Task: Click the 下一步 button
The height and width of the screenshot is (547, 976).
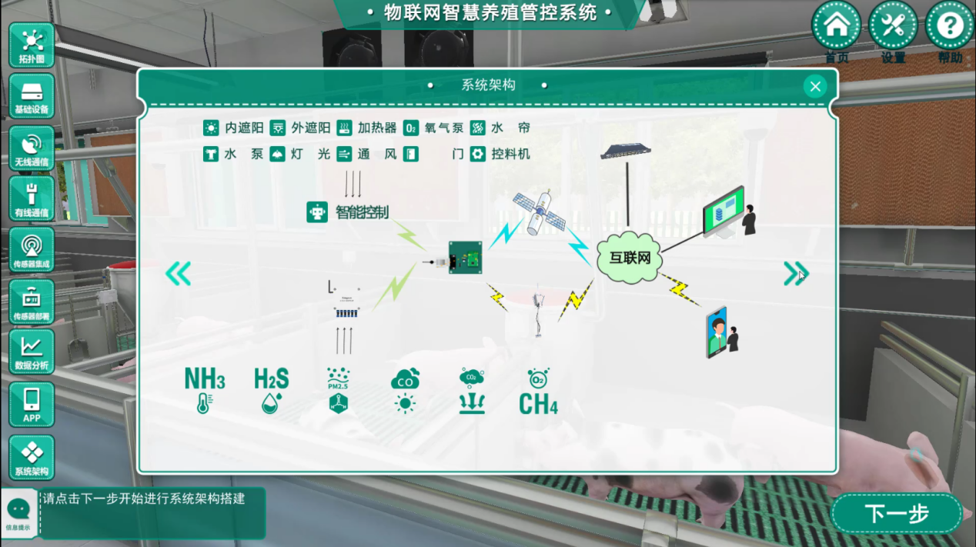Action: (897, 513)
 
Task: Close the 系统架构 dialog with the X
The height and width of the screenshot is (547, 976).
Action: (815, 86)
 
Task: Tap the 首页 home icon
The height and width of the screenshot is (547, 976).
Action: (837, 26)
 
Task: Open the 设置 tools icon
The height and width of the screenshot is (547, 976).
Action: (893, 26)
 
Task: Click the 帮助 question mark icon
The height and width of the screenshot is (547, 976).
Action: (949, 26)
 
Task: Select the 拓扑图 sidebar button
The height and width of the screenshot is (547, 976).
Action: (32, 45)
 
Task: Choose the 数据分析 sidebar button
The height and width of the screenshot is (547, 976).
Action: (32, 352)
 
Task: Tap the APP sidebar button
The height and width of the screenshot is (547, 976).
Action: (32, 404)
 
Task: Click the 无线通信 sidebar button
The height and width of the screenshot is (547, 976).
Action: (32, 148)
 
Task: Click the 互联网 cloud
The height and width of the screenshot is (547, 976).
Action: (630, 258)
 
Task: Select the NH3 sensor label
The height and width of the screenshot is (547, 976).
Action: (205, 379)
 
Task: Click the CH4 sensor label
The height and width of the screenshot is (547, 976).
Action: (538, 404)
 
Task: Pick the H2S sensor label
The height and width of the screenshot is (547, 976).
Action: (271, 379)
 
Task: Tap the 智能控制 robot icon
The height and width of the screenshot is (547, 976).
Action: (317, 212)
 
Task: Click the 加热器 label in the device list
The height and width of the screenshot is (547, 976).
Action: (376, 128)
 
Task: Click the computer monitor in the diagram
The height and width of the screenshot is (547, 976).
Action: (724, 211)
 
